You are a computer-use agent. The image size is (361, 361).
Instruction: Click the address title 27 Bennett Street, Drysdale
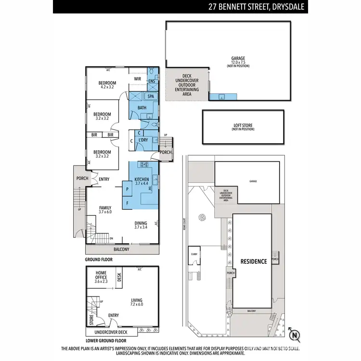coord(257,7)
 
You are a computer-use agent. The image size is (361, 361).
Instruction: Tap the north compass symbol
coord(295,334)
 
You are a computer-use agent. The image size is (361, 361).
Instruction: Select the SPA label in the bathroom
coord(151,96)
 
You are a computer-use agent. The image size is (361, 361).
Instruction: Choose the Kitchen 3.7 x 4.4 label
coord(142,181)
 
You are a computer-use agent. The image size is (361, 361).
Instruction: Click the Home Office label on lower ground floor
coord(101,275)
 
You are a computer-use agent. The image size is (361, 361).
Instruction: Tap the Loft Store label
coord(242,127)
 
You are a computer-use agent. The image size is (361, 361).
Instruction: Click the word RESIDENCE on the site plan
coord(253,261)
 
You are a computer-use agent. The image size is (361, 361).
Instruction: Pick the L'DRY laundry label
coord(142,140)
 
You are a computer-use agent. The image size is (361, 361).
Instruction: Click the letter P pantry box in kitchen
coord(128,189)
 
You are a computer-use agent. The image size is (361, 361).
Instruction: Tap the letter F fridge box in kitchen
coord(128,203)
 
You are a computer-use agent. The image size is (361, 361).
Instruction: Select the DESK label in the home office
coord(119,278)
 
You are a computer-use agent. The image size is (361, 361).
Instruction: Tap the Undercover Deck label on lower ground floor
coord(111,332)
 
